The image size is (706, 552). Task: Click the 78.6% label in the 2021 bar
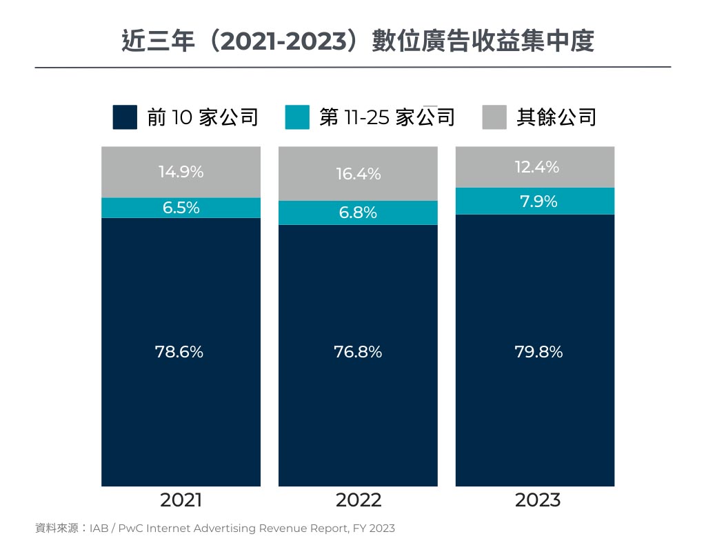[181, 352]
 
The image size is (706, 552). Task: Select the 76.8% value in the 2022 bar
[358, 352]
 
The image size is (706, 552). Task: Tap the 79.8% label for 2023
[538, 352]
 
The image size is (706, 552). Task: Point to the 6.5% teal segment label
[181, 208]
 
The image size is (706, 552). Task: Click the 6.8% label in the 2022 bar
[358, 213]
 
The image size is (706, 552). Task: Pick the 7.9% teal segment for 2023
[538, 201]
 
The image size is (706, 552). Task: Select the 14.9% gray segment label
[181, 172]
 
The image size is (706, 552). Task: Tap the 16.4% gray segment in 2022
[358, 174]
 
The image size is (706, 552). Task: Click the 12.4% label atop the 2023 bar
[537, 167]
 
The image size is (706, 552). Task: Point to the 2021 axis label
[181, 500]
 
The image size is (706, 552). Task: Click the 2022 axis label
[358, 500]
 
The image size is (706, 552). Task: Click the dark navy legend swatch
[125, 117]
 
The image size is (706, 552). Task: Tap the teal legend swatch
[297, 117]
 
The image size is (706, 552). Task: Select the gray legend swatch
[494, 117]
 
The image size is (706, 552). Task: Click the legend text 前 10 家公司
[203, 117]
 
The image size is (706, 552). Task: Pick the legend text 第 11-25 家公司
[387, 117]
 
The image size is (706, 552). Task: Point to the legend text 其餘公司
[556, 117]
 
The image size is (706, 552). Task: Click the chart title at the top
[353, 41]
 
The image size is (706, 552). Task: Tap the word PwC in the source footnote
[132, 529]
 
